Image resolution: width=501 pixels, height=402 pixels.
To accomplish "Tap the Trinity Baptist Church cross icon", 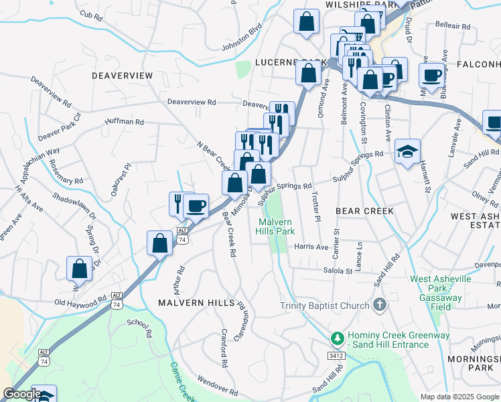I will [x=380, y=306].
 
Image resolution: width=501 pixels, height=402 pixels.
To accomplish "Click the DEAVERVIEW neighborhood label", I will [x=122, y=76].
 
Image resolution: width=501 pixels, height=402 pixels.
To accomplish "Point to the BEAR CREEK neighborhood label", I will [x=364, y=211].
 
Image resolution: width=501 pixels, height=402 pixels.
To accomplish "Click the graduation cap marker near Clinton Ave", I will [x=407, y=152].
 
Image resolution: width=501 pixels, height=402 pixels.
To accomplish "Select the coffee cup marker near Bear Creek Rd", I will [x=196, y=206].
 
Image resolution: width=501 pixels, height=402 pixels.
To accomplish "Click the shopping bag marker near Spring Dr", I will [x=79, y=269].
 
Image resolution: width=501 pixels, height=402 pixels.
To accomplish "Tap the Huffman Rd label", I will [x=125, y=122].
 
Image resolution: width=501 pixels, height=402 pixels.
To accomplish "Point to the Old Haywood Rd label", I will [x=80, y=302].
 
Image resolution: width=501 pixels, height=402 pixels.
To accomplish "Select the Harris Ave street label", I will [x=311, y=247].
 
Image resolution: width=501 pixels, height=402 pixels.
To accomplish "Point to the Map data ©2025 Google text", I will [x=459, y=397].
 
